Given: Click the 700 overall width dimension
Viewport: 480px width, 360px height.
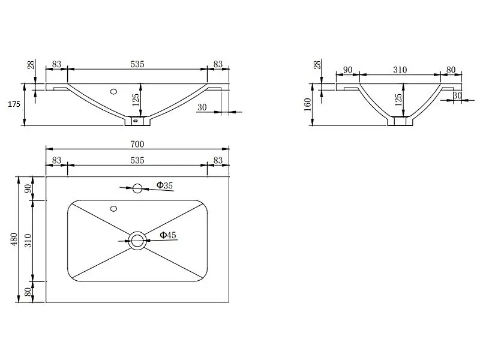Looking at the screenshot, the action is (x=137, y=144).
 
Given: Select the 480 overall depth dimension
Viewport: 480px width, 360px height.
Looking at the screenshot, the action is (x=14, y=239).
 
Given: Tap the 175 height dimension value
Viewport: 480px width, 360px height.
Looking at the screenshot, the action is (x=14, y=104).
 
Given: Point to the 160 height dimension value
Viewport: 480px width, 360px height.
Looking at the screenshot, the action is (x=308, y=104).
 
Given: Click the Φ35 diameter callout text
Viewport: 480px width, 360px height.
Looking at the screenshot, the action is (x=164, y=185).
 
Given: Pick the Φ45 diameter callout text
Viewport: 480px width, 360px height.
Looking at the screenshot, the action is (x=168, y=235).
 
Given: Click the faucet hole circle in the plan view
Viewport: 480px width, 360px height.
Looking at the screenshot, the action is (x=137, y=188).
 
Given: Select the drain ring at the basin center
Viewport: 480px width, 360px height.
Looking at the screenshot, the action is (x=137, y=241).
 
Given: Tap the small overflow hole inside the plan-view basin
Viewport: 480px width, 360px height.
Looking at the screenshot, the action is (x=113, y=209).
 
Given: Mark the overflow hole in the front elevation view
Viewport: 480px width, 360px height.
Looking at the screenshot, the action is (x=113, y=91).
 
